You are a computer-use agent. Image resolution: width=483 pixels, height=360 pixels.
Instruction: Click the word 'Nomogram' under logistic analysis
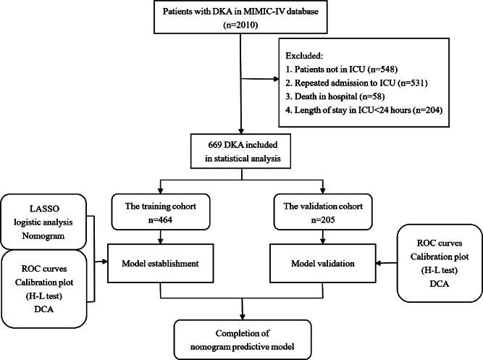(x=45, y=237)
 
